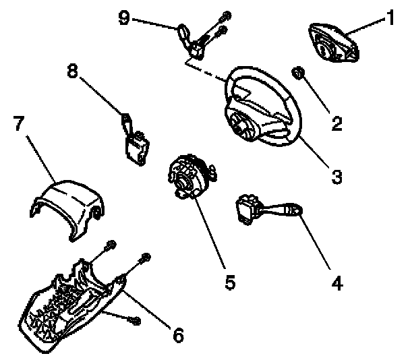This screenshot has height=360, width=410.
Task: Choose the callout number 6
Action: (177, 333)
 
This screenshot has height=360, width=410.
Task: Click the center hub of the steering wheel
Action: (243, 124)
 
